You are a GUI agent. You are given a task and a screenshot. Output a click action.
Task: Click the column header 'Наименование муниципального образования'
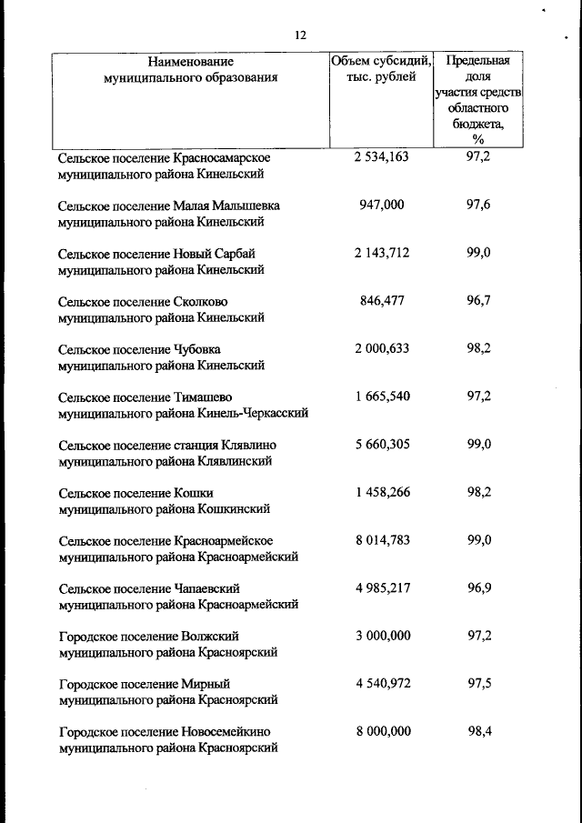(x=191, y=70)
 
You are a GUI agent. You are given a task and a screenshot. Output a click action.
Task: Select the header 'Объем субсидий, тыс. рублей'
(x=381, y=69)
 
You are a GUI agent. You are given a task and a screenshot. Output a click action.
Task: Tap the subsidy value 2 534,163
(x=382, y=156)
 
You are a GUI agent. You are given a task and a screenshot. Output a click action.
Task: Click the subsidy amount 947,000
(x=382, y=205)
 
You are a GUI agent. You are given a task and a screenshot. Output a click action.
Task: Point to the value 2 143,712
(x=382, y=253)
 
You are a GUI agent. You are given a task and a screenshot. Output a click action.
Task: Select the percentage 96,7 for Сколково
(x=478, y=301)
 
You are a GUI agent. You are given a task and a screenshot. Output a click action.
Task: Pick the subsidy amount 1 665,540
(x=382, y=396)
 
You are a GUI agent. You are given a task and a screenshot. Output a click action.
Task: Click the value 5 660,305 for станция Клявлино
(x=382, y=445)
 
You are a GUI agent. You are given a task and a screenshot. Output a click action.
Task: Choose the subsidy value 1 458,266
(x=382, y=492)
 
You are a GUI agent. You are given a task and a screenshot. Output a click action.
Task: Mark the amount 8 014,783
(x=382, y=540)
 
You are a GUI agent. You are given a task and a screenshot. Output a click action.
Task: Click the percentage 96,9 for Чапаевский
(x=478, y=588)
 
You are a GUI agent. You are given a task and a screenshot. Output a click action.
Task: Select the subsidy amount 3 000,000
(x=382, y=636)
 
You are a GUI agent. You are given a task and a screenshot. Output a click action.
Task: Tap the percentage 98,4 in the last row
(x=478, y=731)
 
